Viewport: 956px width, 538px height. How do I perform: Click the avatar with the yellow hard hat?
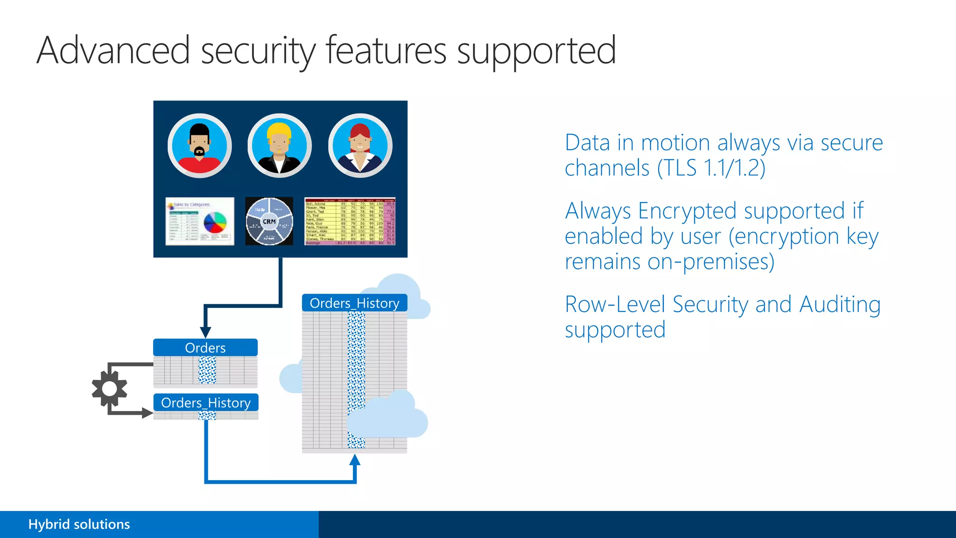click(x=279, y=146)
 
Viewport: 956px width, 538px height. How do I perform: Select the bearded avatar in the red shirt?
click(x=200, y=146)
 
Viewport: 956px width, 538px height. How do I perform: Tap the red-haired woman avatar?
click(x=360, y=146)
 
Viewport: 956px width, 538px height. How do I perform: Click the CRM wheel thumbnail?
click(x=269, y=221)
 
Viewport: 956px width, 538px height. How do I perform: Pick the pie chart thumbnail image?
click(x=200, y=221)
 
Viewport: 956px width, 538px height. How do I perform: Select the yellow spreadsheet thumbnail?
click(x=350, y=221)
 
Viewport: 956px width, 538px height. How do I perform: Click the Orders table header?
click(x=205, y=348)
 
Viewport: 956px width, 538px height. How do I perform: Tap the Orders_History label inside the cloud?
click(x=354, y=303)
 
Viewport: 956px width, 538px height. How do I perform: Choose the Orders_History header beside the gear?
click(x=206, y=403)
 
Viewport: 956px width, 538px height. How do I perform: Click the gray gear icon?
click(x=109, y=389)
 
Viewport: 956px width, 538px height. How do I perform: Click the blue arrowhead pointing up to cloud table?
click(x=355, y=461)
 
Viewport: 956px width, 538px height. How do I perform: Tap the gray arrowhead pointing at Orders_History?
click(x=147, y=413)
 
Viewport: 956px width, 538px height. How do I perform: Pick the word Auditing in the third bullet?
click(x=840, y=304)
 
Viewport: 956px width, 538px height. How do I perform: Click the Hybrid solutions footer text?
click(x=79, y=524)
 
